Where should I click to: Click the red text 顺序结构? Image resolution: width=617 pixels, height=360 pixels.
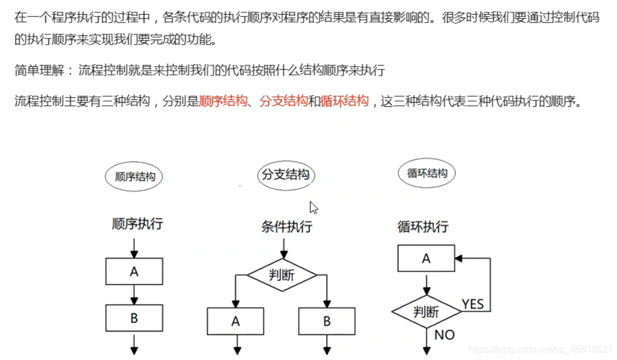coord(223,101)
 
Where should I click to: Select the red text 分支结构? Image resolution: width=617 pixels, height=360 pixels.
coord(284,101)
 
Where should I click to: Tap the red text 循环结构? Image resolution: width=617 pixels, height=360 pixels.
coord(345,101)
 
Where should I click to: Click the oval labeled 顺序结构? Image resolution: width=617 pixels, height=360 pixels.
coord(134,176)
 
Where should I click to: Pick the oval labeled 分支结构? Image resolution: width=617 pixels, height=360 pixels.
coord(286,175)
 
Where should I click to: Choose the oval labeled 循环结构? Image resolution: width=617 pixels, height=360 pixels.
coord(427,173)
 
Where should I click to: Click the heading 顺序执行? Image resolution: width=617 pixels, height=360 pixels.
coord(138,224)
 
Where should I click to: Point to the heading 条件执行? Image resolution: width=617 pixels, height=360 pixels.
coord(287,226)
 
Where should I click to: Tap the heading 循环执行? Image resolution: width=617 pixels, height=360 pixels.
coord(423,226)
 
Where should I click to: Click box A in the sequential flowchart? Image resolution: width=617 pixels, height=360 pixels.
coord(134,272)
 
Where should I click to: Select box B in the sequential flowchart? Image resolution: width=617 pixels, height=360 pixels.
coord(134,318)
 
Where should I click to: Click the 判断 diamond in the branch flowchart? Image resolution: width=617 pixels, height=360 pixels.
coord(282,275)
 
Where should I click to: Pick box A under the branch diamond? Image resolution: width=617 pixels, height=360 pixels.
coord(236,322)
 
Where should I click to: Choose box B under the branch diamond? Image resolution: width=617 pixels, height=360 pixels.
coord(327,322)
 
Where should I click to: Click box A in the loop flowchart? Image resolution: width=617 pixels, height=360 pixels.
coord(426,258)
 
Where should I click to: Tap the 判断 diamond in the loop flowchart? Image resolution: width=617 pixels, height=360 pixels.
coord(426,311)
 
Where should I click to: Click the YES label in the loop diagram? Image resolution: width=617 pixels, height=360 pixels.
coord(472,304)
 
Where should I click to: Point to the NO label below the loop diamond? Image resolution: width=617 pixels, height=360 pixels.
coord(444,335)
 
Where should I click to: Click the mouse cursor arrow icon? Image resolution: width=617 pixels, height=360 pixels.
coord(314,207)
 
